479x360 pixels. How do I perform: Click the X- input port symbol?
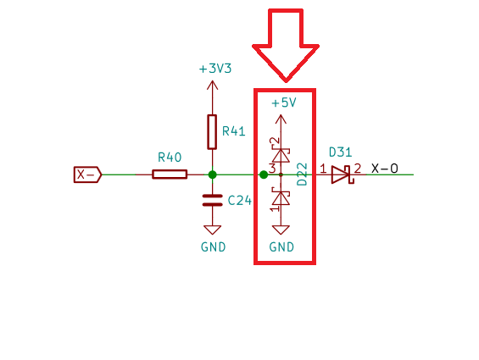pyautogui.click(x=87, y=174)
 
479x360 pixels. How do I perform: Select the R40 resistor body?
pyautogui.click(x=170, y=174)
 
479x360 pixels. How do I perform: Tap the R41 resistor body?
pyautogui.click(x=212, y=132)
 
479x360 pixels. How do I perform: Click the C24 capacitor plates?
pyautogui.click(x=212, y=200)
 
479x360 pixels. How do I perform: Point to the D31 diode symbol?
pyautogui.click(x=343, y=174)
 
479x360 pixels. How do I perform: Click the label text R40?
pyautogui.click(x=170, y=158)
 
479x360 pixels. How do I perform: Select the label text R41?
pyautogui.click(x=234, y=131)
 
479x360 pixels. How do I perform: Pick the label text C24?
pyautogui.click(x=240, y=201)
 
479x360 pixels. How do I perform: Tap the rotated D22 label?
pyautogui.click(x=302, y=174)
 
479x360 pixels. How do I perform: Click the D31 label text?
pyautogui.click(x=341, y=152)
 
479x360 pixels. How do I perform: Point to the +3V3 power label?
pyautogui.click(x=215, y=69)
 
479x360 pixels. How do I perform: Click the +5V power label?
pyautogui.click(x=284, y=102)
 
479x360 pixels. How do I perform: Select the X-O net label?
pyautogui.click(x=385, y=169)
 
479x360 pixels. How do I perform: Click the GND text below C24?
pyautogui.click(x=214, y=247)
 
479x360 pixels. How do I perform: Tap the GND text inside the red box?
pyautogui.click(x=281, y=247)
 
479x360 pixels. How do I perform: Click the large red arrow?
pyautogui.click(x=286, y=46)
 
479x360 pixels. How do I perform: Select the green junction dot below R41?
pyautogui.click(x=212, y=174)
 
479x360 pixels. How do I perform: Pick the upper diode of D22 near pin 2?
pyautogui.click(x=281, y=155)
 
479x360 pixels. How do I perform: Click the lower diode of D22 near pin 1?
pyautogui.click(x=281, y=197)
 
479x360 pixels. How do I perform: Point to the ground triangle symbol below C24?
pyautogui.click(x=212, y=230)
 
